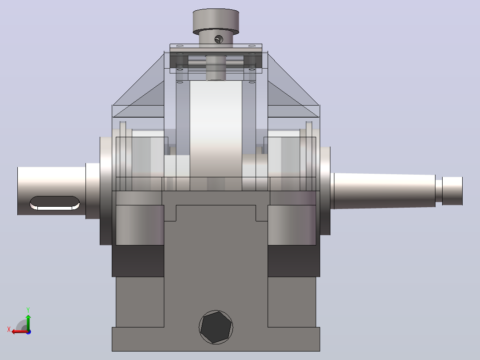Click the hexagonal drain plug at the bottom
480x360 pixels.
(x=216, y=327)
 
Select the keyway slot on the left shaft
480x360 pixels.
(x=55, y=203)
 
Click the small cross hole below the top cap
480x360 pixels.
(x=219, y=39)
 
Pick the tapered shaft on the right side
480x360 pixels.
(x=385, y=191)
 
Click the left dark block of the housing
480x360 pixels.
(x=138, y=261)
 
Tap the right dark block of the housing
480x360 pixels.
(x=294, y=261)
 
